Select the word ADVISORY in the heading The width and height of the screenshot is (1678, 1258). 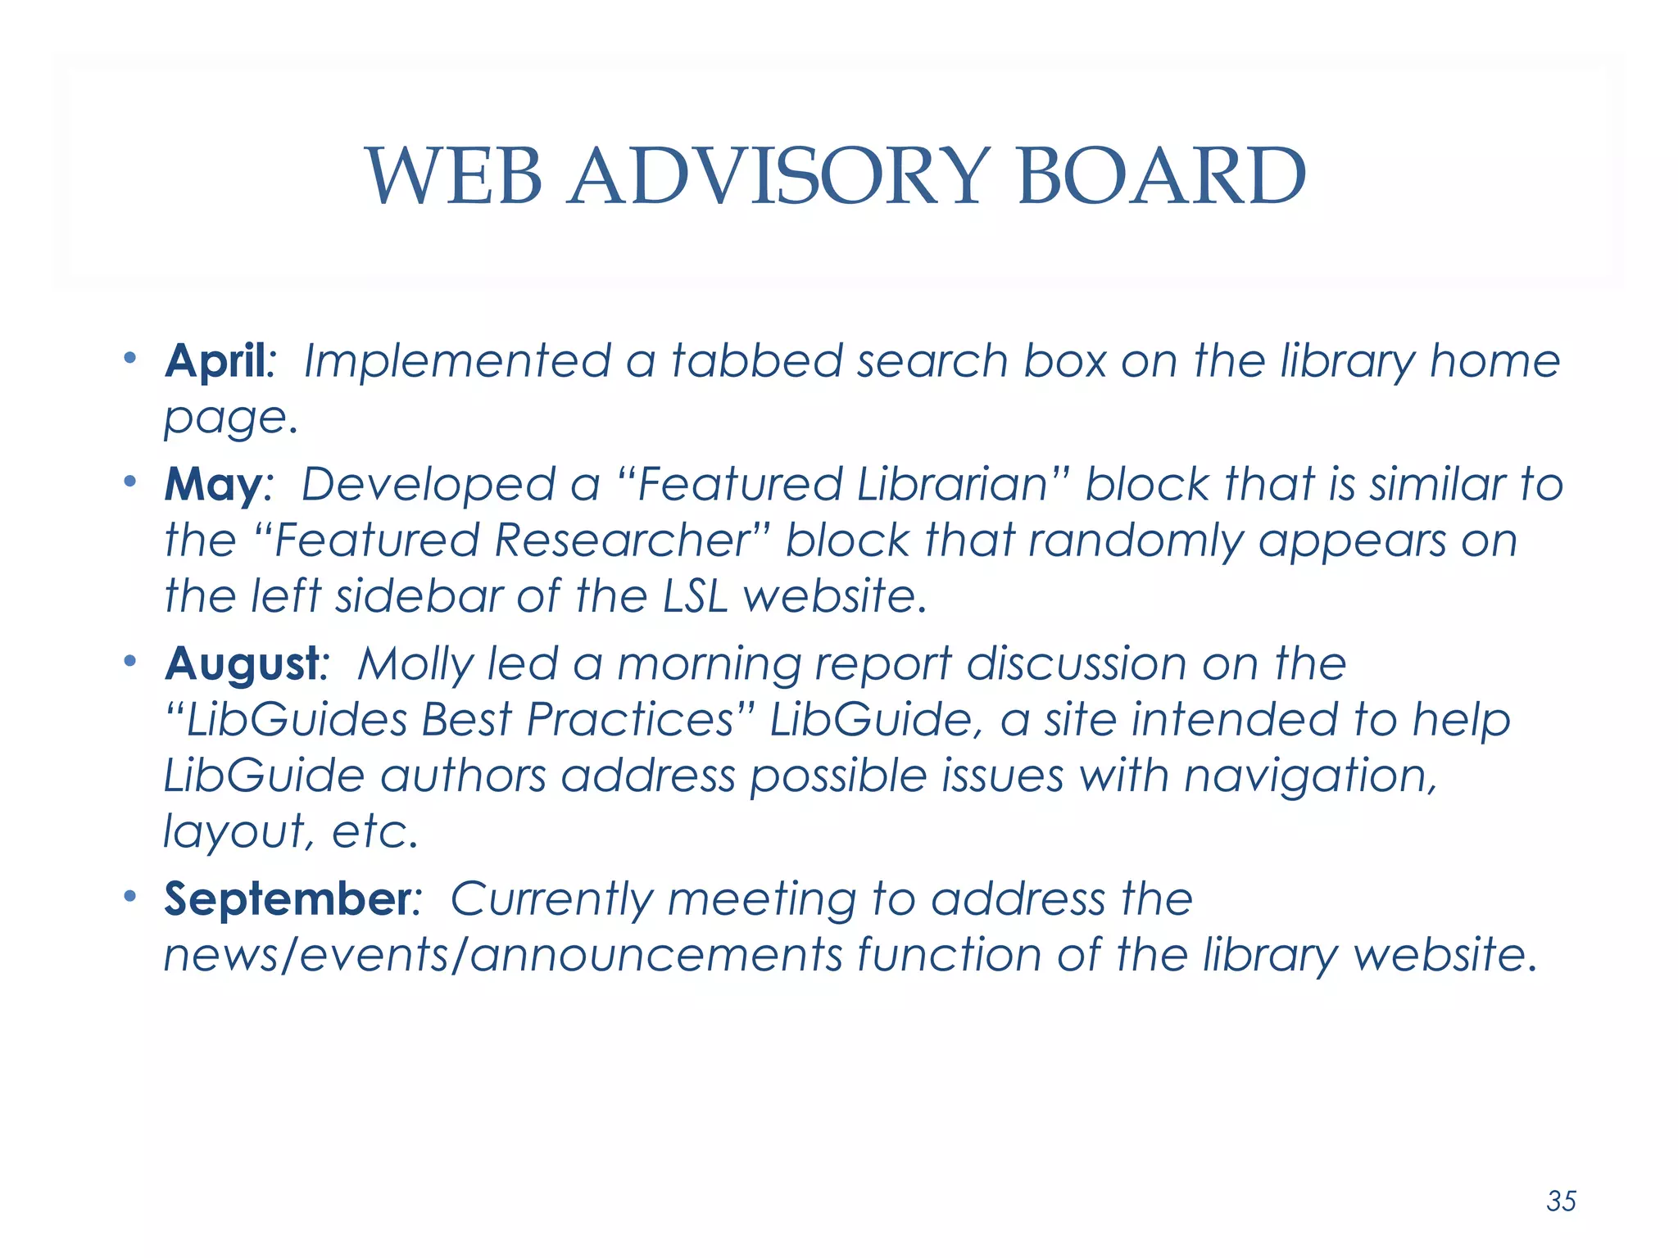tap(779, 176)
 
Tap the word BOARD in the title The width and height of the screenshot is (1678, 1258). tap(1161, 176)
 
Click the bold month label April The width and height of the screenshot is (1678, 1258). tap(216, 361)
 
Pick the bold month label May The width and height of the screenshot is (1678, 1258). tap(212, 485)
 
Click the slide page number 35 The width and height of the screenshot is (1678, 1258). tap(1561, 1201)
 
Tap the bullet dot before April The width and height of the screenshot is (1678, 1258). tap(129, 358)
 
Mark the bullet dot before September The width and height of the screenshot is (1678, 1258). tap(129, 896)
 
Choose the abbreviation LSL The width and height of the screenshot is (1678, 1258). tap(695, 596)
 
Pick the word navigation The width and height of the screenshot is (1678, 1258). tap(1310, 776)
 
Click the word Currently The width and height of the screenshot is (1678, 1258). tap(551, 898)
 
